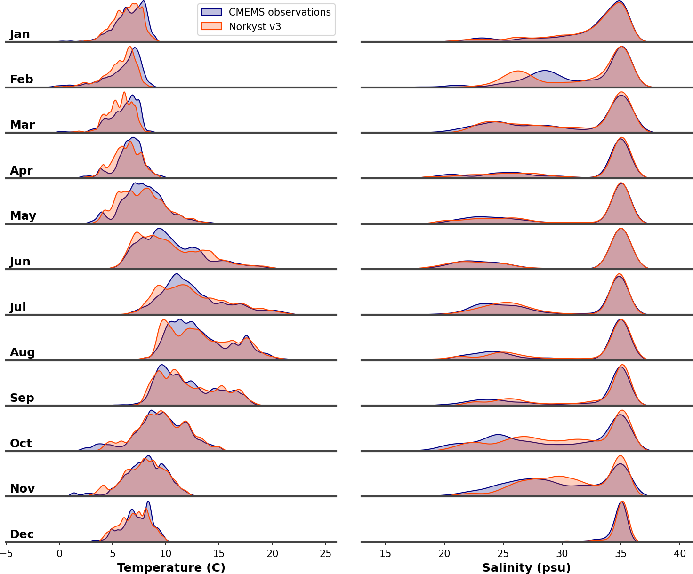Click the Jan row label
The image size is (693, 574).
(20, 34)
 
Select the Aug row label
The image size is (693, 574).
(23, 352)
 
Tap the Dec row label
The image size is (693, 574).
(22, 534)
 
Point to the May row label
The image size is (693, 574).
(23, 216)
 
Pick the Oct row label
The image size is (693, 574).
(21, 444)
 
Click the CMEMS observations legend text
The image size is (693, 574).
(280, 12)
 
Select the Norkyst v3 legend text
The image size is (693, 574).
(255, 27)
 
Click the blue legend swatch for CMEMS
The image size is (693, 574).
(211, 12)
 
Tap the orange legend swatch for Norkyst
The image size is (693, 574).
(211, 27)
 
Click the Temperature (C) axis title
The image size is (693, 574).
(171, 568)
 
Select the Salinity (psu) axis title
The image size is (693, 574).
(526, 568)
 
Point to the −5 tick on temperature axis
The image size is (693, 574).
(6, 553)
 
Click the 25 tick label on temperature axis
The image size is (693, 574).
(325, 553)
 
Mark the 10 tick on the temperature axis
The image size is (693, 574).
(166, 553)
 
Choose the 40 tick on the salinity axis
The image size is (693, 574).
(680, 553)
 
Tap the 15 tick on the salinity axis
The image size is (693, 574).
(386, 553)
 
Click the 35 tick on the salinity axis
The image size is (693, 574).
(621, 553)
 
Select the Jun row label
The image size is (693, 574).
(20, 262)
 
